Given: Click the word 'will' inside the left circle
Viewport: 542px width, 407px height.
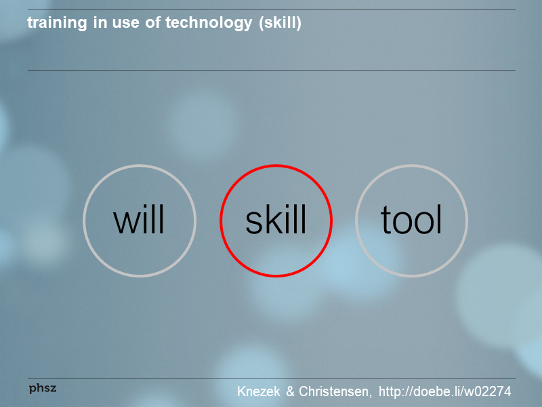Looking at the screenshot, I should [139, 220].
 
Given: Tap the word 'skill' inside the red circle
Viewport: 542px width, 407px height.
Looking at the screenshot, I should [276, 220].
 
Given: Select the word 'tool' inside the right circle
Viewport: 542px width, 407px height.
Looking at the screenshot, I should [411, 220].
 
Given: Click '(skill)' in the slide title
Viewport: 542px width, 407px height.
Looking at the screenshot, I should [280, 23].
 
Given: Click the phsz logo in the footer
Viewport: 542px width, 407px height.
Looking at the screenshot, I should [43, 388].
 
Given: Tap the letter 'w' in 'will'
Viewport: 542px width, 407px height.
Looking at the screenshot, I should [127, 222].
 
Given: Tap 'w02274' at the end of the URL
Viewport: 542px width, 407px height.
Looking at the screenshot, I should [487, 391].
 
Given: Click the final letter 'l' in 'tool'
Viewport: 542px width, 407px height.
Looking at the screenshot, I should [439, 220].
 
